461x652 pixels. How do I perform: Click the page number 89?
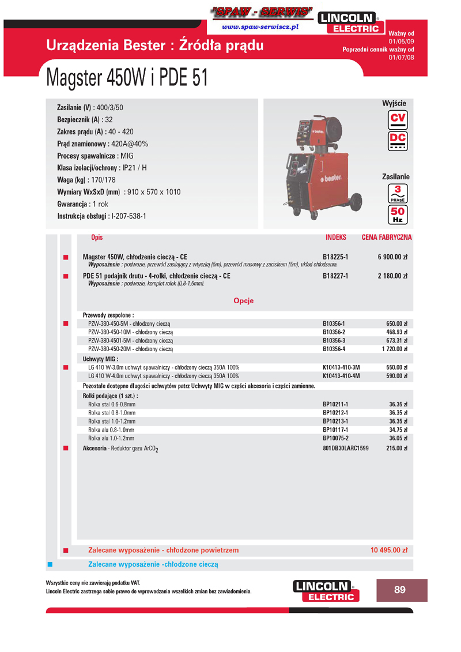[400, 590]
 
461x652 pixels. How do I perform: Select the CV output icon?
[398, 119]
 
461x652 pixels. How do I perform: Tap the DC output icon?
[398, 141]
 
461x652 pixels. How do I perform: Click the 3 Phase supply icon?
[398, 193]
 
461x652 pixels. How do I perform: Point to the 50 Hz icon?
[398, 215]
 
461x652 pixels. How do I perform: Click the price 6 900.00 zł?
[392, 257]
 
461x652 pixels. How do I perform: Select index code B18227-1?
[335, 276]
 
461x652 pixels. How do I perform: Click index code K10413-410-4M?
[341, 376]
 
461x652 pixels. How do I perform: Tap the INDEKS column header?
[336, 238]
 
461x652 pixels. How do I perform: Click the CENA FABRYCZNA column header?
[387, 238]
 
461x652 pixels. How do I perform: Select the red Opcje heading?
[243, 301]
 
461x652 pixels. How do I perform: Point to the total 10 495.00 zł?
[389, 550]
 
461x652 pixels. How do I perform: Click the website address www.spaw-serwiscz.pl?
[259, 27]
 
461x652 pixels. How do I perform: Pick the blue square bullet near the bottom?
[50, 564]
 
